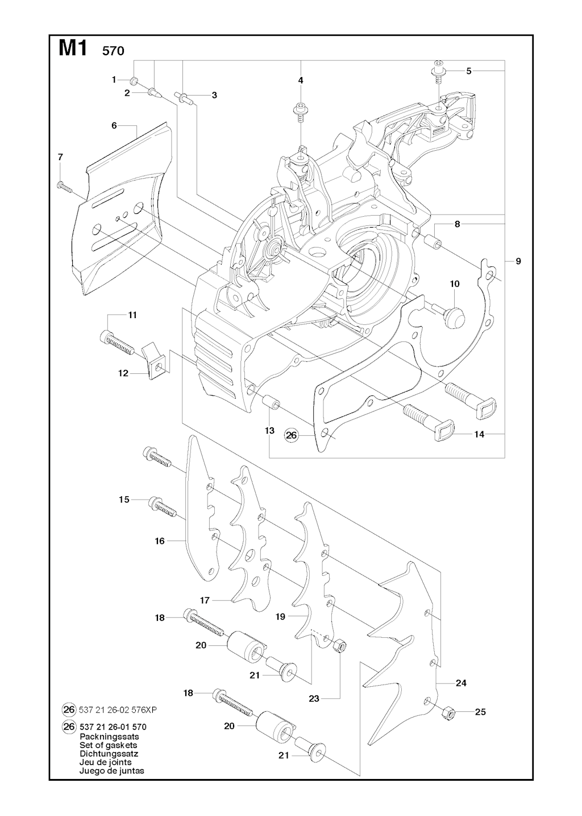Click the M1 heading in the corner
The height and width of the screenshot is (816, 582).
click(73, 49)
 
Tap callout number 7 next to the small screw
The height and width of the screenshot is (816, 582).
click(60, 157)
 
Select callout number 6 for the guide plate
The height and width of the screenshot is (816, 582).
click(114, 126)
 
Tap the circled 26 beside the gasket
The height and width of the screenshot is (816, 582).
click(291, 435)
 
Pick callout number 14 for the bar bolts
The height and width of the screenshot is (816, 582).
click(479, 434)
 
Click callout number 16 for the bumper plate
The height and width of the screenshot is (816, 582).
click(160, 541)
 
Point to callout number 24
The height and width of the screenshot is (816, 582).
click(461, 683)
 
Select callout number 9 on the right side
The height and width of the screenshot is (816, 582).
click(518, 261)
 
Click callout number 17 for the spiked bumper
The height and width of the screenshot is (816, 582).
click(205, 600)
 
